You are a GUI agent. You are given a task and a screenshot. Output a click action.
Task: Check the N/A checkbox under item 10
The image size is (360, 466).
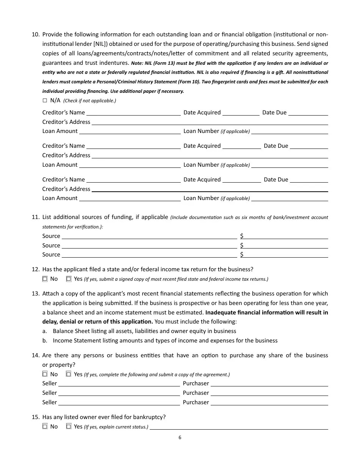click(45, 100)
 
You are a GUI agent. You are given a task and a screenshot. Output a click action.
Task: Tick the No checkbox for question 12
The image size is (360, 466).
click(45, 279)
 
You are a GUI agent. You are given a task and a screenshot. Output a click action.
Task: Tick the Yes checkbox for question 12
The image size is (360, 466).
click(69, 279)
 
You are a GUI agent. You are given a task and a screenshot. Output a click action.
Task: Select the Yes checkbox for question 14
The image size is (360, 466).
click(69, 374)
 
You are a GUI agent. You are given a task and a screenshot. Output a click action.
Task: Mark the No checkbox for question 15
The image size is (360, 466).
click(45, 426)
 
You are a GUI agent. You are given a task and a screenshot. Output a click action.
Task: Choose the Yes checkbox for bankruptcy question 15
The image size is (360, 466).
click(69, 426)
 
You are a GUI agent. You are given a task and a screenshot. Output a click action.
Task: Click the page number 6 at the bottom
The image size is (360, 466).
click(180, 438)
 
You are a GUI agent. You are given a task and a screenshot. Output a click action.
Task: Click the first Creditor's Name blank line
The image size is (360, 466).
click(133, 113)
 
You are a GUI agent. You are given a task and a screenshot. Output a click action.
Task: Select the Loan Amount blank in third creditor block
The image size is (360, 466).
click(130, 199)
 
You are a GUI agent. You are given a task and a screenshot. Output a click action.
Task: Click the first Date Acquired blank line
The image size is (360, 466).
click(241, 113)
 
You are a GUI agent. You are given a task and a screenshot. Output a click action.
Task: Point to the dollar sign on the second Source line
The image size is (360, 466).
click(242, 245)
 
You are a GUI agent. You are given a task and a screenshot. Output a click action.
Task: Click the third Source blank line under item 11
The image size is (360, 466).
click(149, 255)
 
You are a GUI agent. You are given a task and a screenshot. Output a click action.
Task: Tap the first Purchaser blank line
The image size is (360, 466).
click(269, 384)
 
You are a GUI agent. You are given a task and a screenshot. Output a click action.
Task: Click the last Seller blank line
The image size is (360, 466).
click(119, 403)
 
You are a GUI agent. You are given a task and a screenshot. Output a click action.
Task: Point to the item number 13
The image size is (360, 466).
click(36, 294)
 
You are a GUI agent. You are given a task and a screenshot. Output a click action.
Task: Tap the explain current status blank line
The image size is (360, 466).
click(239, 427)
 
